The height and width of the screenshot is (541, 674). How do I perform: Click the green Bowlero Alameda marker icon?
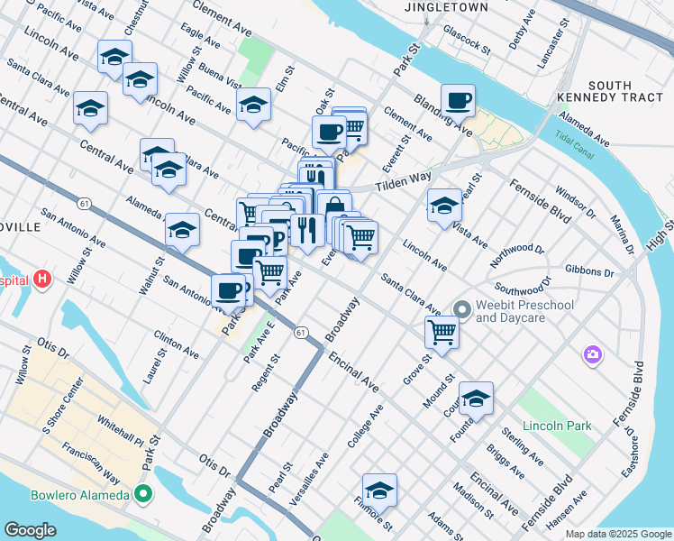click(143, 494)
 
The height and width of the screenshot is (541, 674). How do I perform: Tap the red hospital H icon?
click(41, 280)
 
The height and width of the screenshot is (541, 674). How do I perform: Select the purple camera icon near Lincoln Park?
click(592, 353)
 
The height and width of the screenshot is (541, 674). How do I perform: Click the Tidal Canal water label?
click(576, 145)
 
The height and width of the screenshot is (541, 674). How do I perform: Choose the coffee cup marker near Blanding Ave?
click(458, 101)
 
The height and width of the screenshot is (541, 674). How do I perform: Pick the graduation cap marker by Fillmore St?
click(380, 491)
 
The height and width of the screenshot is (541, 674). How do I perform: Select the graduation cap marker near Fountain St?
click(476, 398)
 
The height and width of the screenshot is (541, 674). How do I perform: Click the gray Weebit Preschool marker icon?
click(462, 311)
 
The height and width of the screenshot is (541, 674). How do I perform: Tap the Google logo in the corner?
click(30, 530)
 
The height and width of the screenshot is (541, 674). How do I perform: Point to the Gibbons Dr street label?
click(589, 271)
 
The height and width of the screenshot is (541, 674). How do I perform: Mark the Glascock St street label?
click(465, 40)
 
